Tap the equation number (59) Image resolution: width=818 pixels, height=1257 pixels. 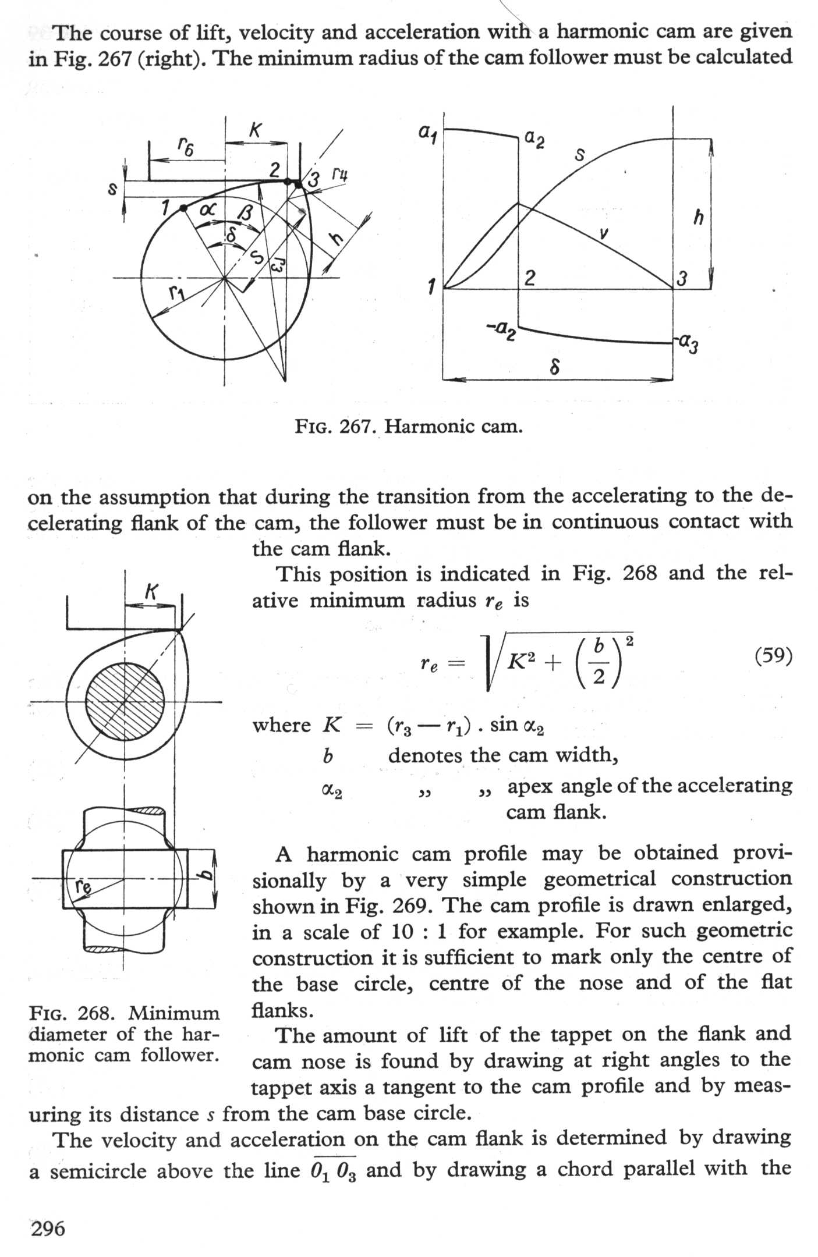point(773,656)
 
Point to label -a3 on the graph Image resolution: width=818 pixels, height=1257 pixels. point(687,345)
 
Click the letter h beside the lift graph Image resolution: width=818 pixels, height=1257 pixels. point(698,218)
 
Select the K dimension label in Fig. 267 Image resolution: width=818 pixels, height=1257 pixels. point(255,131)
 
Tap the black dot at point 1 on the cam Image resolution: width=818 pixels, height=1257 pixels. point(183,208)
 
